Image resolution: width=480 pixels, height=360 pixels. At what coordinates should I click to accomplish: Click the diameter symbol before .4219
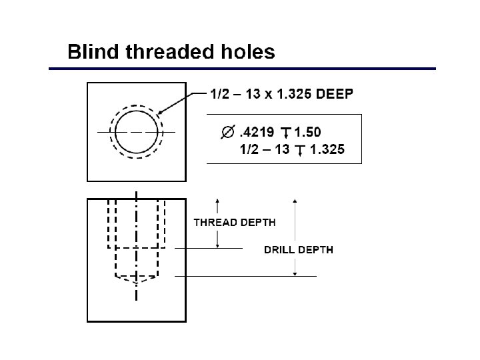(227, 133)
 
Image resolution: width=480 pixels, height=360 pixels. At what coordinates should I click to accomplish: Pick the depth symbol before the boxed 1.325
(299, 150)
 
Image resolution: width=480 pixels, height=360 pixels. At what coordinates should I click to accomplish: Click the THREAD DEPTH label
(234, 222)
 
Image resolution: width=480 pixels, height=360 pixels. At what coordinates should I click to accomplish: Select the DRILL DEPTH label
(299, 250)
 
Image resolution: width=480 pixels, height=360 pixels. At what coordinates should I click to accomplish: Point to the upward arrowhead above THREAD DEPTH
(217, 200)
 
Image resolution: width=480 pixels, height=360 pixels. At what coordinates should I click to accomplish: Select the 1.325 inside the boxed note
(327, 150)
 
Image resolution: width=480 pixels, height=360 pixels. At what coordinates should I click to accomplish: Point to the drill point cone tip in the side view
(137, 283)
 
